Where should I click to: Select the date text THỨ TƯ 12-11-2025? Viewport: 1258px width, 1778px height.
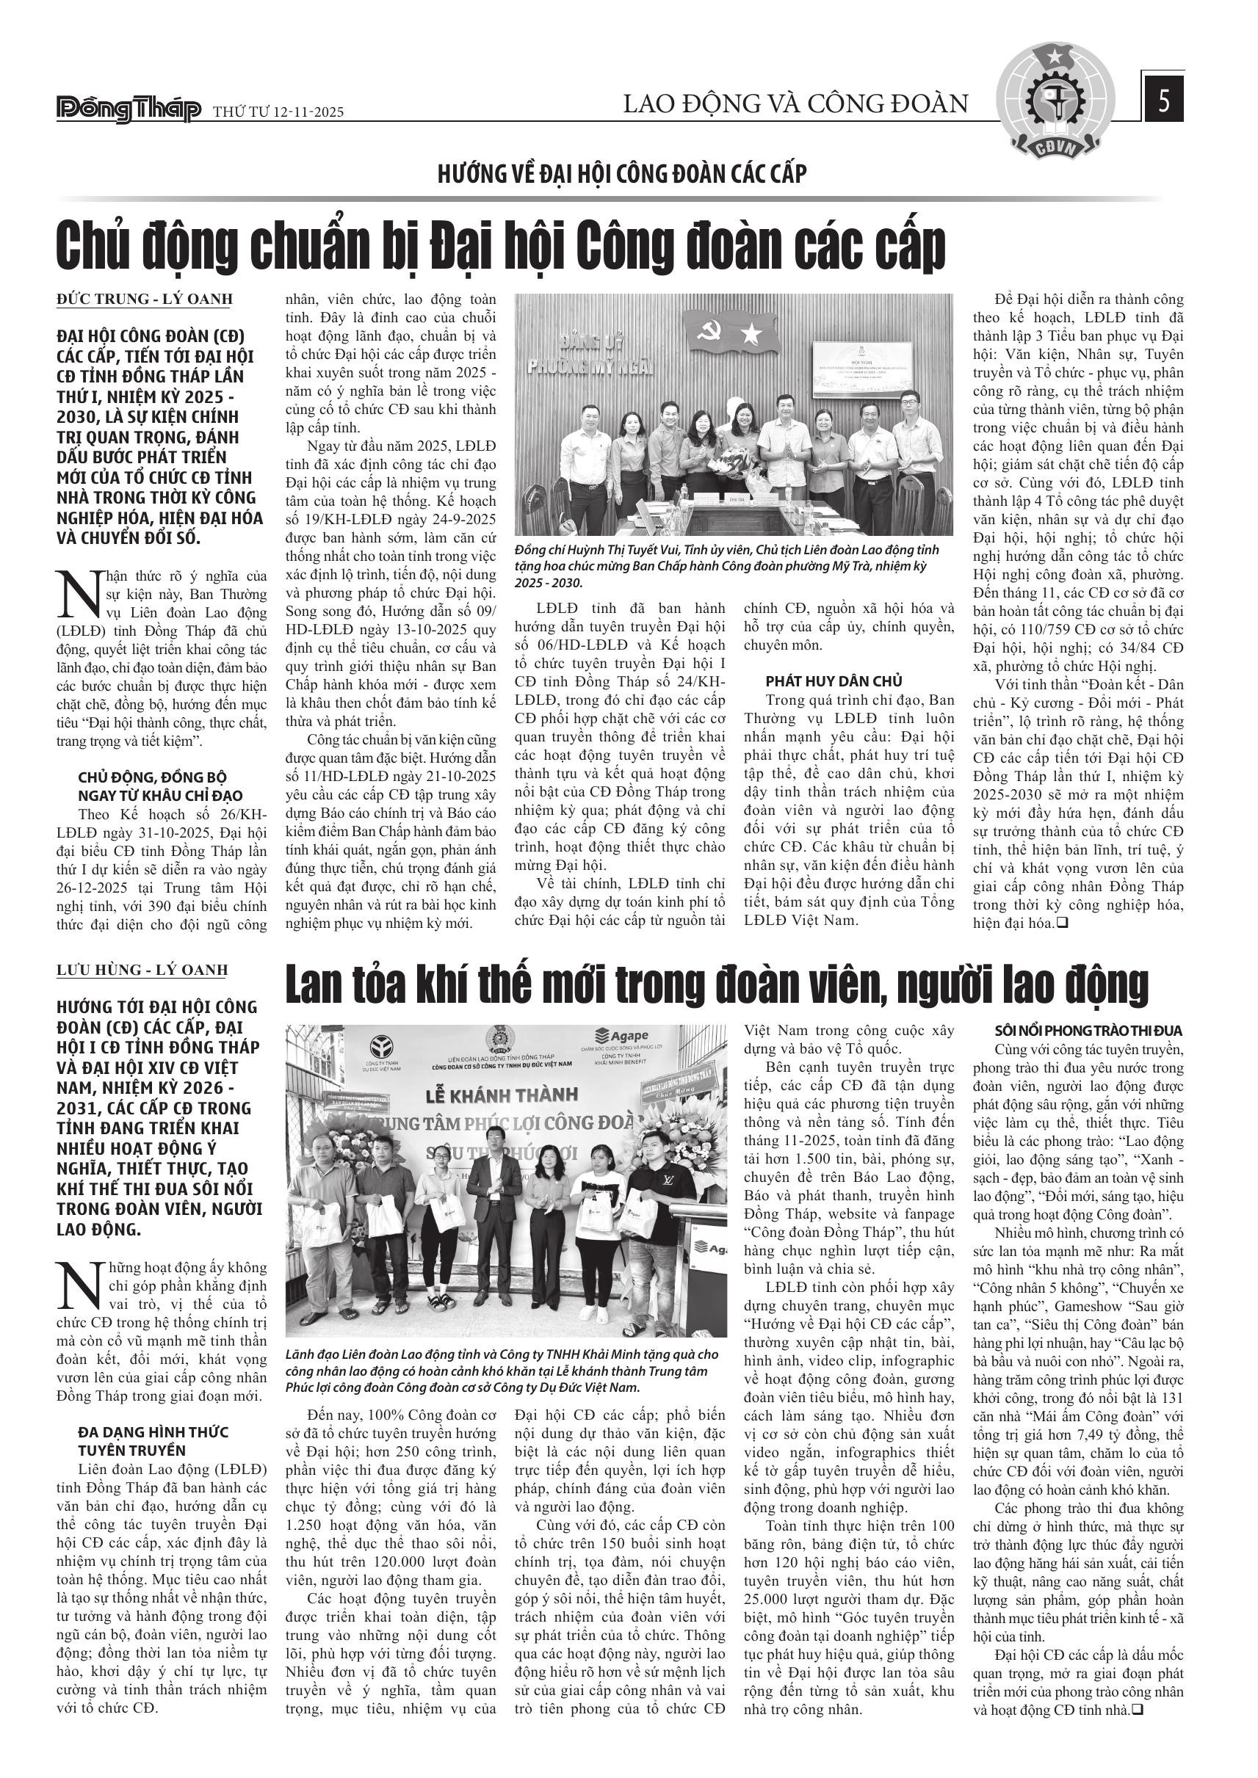[278, 112]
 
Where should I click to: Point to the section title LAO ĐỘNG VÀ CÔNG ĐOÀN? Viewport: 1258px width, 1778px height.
[795, 104]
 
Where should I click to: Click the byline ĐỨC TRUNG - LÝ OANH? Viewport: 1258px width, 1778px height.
[145, 300]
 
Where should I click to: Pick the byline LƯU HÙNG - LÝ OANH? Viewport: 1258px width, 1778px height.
[142, 970]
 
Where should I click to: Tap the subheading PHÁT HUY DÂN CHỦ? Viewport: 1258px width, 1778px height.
[834, 681]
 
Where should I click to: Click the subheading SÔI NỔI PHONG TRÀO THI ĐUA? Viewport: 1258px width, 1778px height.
[1088, 1031]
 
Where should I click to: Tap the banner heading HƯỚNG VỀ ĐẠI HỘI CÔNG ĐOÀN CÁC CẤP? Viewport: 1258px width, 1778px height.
[622, 173]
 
